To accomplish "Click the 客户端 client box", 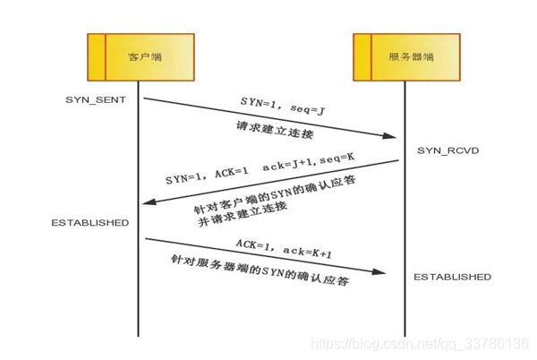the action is point(140,57).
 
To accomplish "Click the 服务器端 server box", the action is point(406,57).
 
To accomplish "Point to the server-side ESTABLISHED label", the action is point(452,278).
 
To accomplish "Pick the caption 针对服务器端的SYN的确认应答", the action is point(260,270).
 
